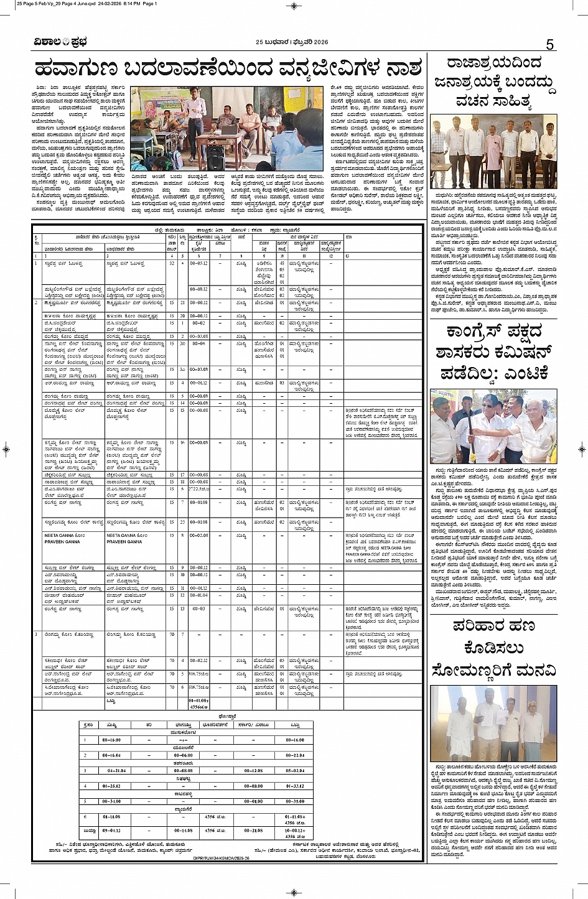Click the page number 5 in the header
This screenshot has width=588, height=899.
point(549,44)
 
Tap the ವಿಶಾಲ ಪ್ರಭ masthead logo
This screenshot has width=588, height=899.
point(60,42)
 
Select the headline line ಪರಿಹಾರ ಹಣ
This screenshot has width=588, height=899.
point(492,625)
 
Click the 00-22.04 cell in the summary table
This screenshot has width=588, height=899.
point(295,755)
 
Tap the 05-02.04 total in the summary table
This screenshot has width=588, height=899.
point(295,770)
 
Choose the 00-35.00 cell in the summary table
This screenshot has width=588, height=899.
point(295,801)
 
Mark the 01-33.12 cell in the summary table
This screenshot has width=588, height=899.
point(295,786)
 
